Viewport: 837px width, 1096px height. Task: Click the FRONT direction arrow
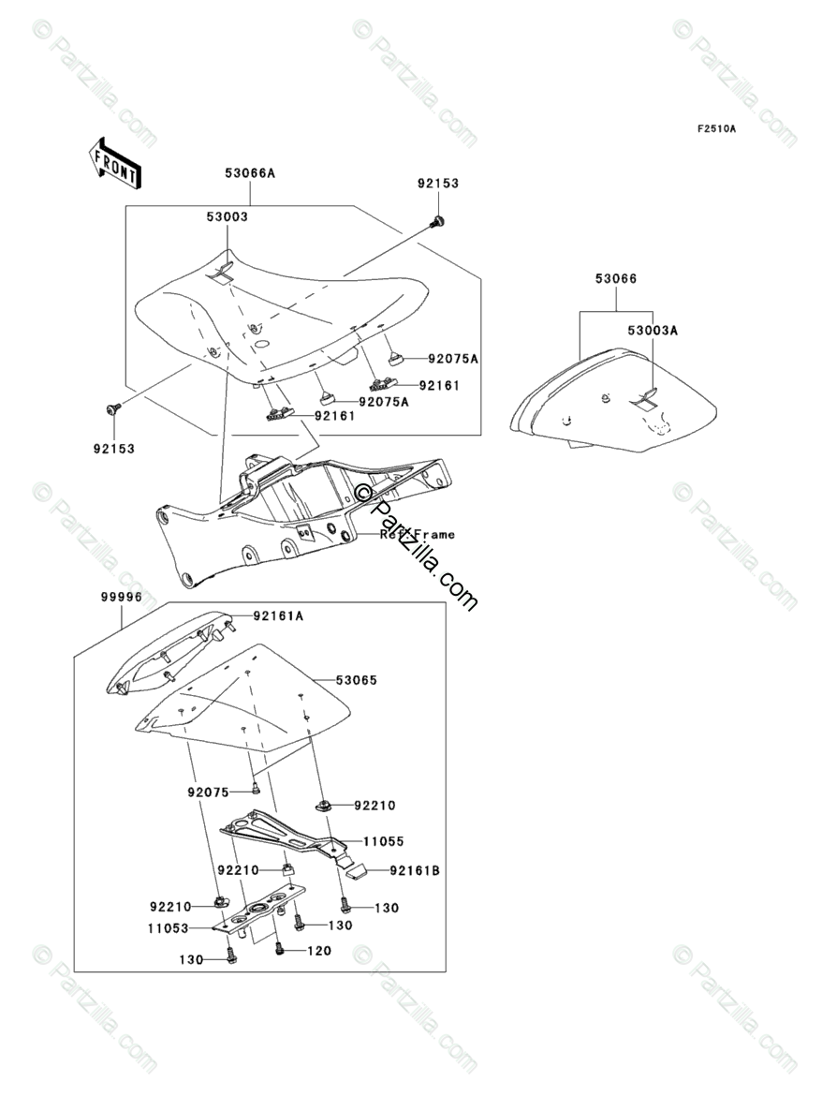[115, 160]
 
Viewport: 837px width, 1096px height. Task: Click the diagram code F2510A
[715, 129]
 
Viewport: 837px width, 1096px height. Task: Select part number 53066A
[250, 173]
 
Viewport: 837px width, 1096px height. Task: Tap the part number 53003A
[653, 330]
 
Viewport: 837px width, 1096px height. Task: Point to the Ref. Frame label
[418, 535]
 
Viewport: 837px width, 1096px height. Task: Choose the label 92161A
[277, 616]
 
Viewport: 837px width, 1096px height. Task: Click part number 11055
[383, 842]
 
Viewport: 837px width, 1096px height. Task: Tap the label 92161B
[415, 870]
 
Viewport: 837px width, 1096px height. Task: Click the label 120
[317, 951]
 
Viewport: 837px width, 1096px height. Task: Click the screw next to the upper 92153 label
[436, 222]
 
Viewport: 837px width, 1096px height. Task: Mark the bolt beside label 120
[279, 950]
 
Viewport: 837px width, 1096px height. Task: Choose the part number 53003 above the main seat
[228, 216]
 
